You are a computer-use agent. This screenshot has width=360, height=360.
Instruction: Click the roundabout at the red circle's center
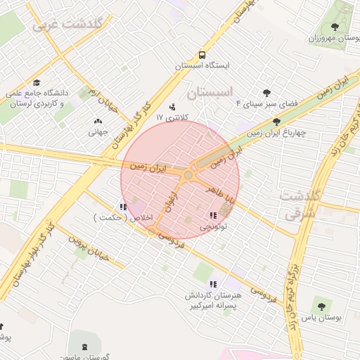[x=188, y=175]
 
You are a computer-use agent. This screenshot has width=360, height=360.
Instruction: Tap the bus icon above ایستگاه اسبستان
[x=202, y=54]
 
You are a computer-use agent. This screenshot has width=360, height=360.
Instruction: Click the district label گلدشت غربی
[x=68, y=25]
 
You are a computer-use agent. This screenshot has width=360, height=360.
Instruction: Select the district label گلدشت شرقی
[x=299, y=202]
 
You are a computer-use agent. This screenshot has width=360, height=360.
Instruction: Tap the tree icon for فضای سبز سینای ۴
[x=266, y=92]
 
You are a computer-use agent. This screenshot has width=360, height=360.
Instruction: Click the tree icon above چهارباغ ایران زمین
[x=276, y=122]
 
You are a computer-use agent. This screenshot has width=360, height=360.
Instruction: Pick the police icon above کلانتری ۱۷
[x=173, y=108]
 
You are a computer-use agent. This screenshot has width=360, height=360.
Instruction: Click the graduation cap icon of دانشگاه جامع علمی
[x=37, y=82]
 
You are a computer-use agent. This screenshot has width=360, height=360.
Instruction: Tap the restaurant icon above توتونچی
[x=212, y=216]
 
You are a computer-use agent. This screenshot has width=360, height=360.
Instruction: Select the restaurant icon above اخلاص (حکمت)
[x=123, y=207]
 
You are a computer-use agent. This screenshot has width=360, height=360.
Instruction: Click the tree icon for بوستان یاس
[x=321, y=306]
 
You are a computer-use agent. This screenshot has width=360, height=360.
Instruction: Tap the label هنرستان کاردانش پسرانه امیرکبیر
[x=213, y=300]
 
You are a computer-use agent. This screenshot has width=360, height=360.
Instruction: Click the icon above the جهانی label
[x=97, y=121]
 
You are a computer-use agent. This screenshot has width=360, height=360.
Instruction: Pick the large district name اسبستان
[x=210, y=92]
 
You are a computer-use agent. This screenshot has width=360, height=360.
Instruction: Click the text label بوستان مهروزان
[x=329, y=38]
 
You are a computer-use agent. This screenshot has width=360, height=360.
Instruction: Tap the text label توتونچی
[x=215, y=227]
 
